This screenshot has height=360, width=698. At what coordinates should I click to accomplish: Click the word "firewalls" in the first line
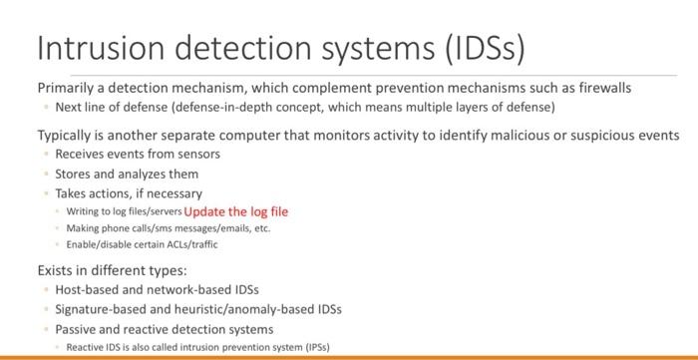pyautogui.click(x=599, y=88)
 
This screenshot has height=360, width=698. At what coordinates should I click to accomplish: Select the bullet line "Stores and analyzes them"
pyautogui.click(x=127, y=174)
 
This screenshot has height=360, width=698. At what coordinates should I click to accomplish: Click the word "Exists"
pyautogui.click(x=56, y=270)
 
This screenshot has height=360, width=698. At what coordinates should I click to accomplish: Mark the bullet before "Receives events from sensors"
pyautogui.click(x=45, y=155)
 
